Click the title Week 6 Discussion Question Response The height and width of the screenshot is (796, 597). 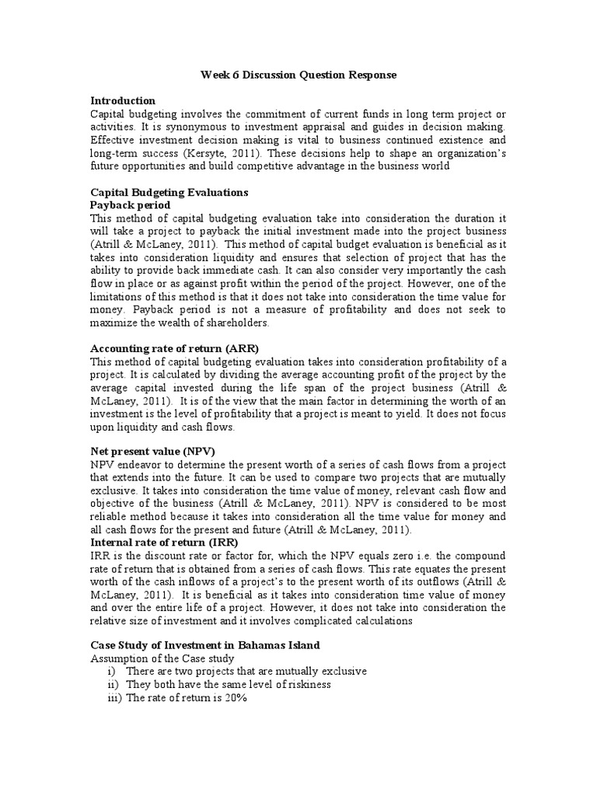298,75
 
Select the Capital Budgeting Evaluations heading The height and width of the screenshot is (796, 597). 168,192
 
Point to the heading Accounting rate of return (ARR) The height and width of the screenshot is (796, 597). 174,348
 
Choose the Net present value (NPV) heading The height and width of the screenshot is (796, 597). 153,451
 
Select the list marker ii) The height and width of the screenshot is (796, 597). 112,685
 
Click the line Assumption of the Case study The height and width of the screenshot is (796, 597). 156,659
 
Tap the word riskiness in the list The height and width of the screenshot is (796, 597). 307,685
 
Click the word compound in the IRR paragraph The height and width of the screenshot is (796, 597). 480,556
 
